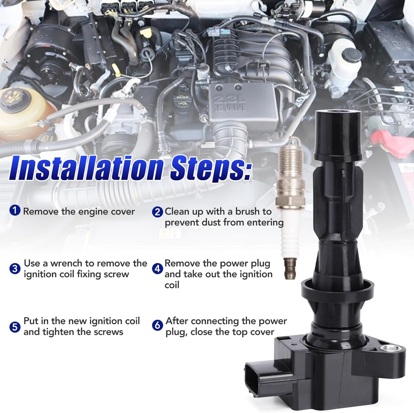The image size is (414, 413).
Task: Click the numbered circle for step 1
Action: [x=15, y=211]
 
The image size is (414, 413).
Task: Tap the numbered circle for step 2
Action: [x=157, y=212]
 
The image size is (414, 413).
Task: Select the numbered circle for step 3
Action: [x=15, y=269]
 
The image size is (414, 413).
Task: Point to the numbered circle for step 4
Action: [x=157, y=269]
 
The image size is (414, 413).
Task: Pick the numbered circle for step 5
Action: [x=15, y=327]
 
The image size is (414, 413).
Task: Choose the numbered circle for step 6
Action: [x=157, y=326]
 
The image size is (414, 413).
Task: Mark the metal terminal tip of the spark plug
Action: [x=290, y=268]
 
